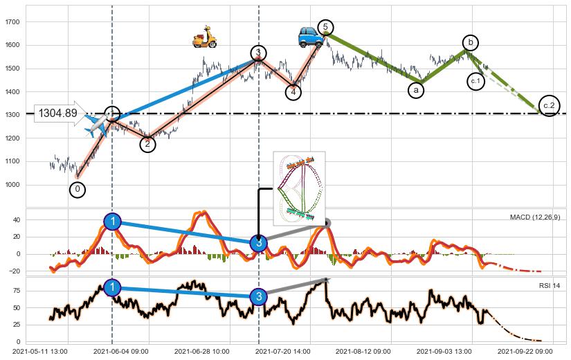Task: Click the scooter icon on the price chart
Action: [204, 37]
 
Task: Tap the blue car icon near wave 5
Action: [309, 37]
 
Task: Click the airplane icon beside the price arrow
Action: [96, 124]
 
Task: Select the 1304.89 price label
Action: [57, 114]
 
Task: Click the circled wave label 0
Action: [78, 189]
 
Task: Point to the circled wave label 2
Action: [147, 144]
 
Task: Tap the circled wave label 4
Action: [293, 91]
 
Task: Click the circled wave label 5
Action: [325, 28]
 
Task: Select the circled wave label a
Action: [416, 90]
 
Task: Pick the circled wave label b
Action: [471, 43]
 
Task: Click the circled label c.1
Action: [475, 81]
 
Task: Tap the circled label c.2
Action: [549, 105]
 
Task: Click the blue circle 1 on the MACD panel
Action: [113, 222]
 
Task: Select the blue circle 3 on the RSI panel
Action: [258, 296]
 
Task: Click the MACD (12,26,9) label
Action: [535, 217]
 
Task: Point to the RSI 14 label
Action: [550, 285]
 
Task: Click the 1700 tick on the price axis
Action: [12, 22]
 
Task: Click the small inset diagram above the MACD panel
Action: [299, 188]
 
